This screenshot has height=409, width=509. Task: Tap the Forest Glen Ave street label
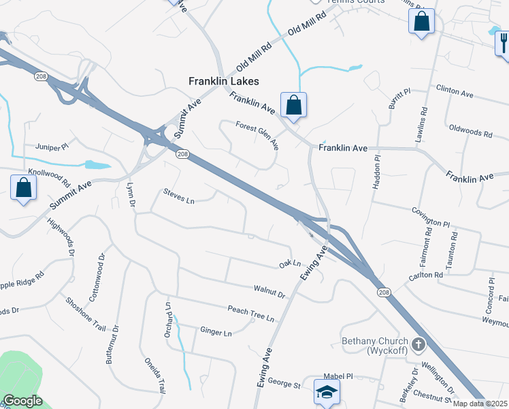[x=257, y=135]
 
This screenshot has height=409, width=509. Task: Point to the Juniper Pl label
[x=56, y=147]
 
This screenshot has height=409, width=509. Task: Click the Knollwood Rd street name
[x=50, y=179]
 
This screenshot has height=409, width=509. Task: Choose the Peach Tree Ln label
[x=251, y=314]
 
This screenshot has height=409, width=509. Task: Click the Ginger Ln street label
[x=216, y=332]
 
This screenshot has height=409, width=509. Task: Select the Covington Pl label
[x=431, y=217]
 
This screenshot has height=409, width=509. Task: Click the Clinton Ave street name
[x=455, y=91]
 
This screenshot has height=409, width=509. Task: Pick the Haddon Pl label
[x=376, y=168]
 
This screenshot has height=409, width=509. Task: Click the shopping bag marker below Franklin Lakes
[x=293, y=105]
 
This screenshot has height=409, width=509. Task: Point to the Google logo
[x=22, y=401]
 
